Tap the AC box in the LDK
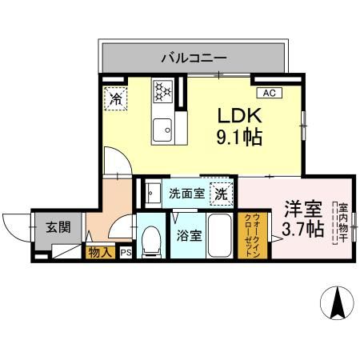269,93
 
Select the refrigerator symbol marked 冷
116,100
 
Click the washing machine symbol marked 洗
222,194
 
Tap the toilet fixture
150,241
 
